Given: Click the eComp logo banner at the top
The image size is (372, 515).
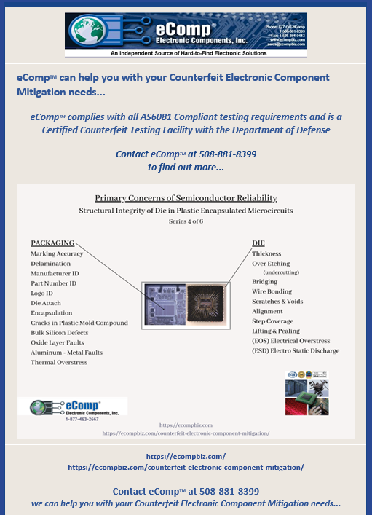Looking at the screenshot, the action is point(186,34).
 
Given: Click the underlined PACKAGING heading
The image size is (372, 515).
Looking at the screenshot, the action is point(52,243).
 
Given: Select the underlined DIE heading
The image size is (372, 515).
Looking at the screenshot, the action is point(258,243).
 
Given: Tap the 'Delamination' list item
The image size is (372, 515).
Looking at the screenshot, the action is point(52,264).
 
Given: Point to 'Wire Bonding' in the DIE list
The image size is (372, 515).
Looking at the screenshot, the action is point(272,291).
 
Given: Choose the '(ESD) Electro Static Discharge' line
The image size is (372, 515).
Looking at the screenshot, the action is point(295,350).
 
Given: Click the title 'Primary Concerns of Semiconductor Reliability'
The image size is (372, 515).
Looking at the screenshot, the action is point(186,198).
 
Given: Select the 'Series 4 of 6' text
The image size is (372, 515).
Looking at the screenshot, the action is point(186,221).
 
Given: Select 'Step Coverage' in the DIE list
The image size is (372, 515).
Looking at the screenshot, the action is point(272,321).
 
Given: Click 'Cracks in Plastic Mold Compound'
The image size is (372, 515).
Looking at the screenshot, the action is point(79,323).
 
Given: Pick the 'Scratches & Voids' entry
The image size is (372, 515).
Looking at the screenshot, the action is point(277,301).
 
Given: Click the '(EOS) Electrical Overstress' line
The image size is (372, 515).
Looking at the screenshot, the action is point(290,340).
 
